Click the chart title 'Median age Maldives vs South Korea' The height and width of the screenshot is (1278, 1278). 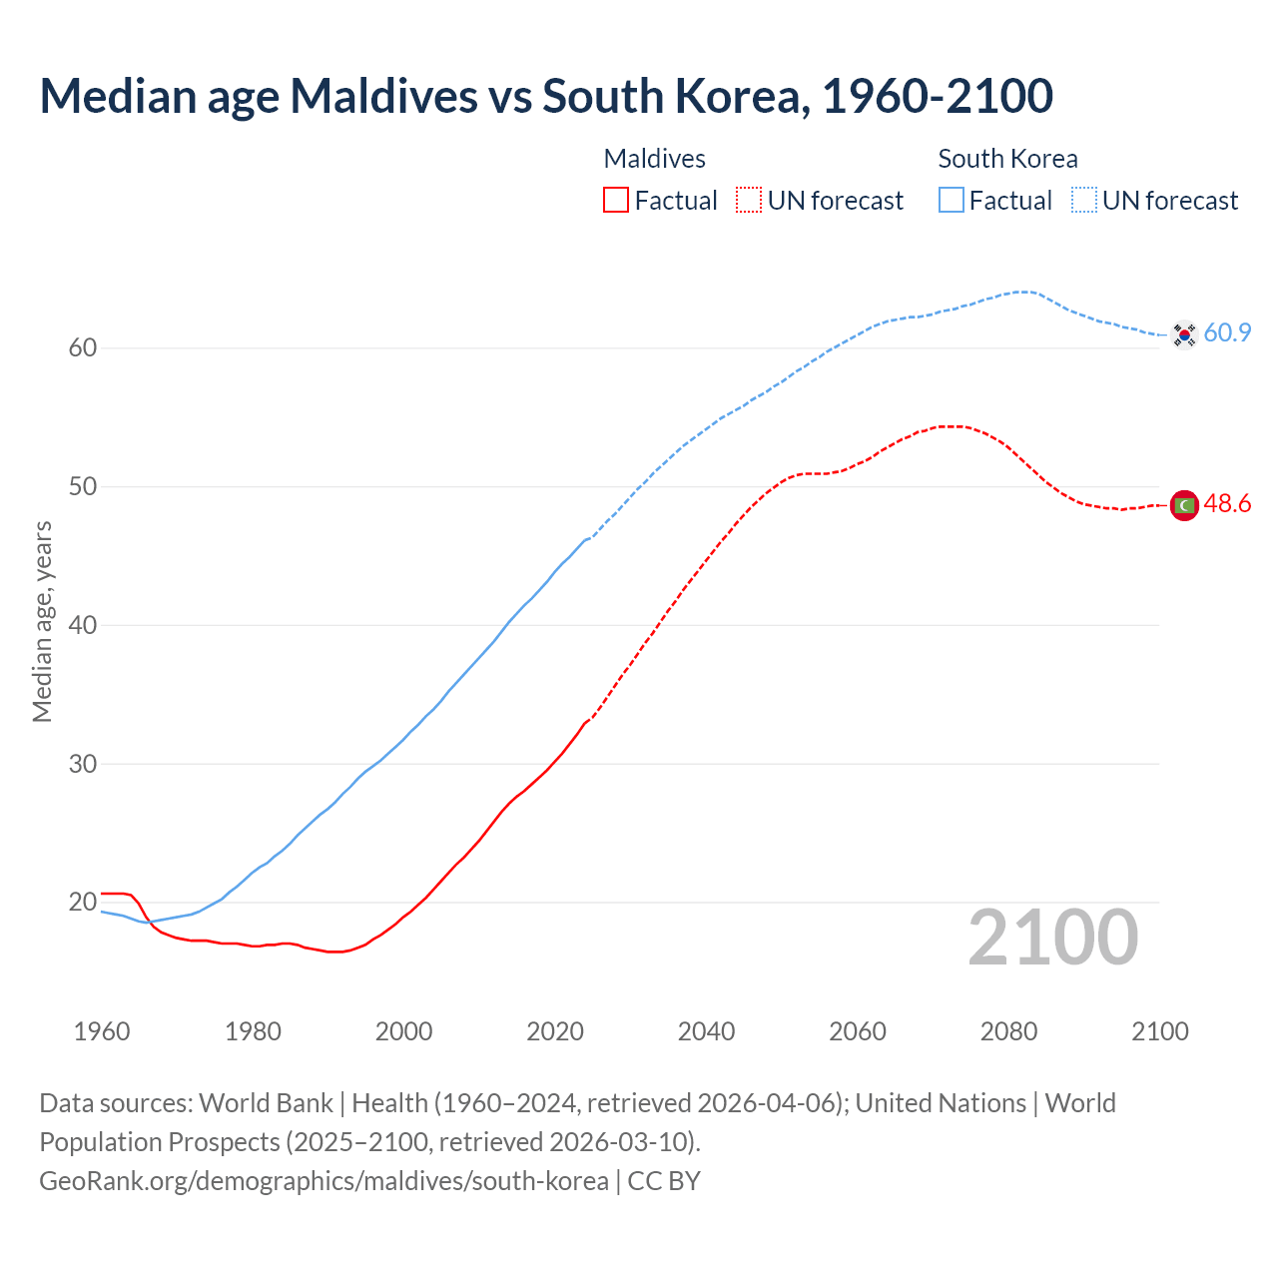click(x=545, y=97)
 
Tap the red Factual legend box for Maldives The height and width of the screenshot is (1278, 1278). click(x=616, y=200)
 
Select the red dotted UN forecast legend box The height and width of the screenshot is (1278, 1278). click(x=749, y=200)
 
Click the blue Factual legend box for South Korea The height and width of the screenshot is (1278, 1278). click(x=952, y=200)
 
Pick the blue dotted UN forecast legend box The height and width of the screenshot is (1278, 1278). click(x=1084, y=200)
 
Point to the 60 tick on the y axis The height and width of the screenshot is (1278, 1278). click(x=83, y=348)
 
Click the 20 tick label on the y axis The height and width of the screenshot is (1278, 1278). click(x=83, y=903)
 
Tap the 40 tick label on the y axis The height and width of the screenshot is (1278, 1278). click(x=83, y=626)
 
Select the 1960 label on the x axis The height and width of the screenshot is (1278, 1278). click(x=102, y=1031)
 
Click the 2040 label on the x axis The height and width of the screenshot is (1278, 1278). click(x=706, y=1031)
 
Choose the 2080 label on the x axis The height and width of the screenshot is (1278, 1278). click(x=1008, y=1031)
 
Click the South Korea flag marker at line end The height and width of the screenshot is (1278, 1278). click(x=1184, y=334)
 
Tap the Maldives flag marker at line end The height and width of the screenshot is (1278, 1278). click(x=1184, y=506)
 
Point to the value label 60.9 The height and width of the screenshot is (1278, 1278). click(x=1227, y=333)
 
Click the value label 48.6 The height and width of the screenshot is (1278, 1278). click(x=1227, y=504)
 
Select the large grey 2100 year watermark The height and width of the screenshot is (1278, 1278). click(x=1052, y=938)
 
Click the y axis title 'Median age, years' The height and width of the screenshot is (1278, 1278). click(x=42, y=621)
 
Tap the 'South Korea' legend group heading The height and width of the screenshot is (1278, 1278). click(x=1007, y=159)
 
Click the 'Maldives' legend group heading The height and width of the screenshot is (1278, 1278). click(x=654, y=159)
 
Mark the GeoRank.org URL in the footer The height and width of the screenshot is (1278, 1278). click(x=323, y=1181)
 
